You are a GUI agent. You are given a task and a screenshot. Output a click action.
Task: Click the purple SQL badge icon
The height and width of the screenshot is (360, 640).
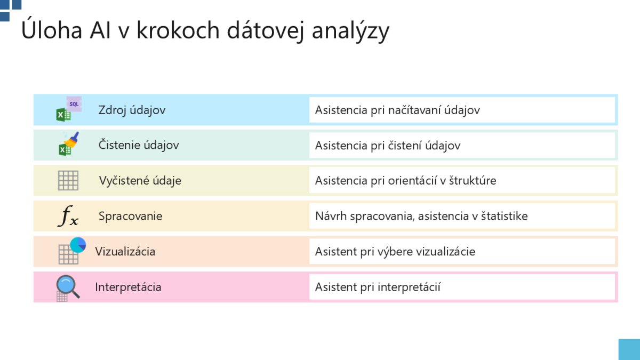(74, 104)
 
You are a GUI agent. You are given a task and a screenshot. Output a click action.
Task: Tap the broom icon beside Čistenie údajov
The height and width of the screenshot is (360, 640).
(71, 140)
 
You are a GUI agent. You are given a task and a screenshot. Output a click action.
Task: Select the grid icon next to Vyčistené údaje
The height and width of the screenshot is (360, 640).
(68, 181)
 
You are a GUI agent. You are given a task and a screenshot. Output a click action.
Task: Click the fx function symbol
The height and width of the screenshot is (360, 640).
(68, 215)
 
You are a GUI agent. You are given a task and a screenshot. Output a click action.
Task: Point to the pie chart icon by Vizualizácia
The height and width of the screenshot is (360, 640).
(78, 245)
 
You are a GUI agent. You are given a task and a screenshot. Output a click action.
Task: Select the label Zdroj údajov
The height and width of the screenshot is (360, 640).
(132, 110)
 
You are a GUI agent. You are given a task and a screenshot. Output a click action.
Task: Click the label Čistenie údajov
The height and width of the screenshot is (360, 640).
(139, 145)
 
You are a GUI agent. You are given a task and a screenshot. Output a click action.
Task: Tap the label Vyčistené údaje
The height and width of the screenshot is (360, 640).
(140, 181)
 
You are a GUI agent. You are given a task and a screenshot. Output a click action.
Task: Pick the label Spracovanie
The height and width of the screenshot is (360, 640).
(130, 217)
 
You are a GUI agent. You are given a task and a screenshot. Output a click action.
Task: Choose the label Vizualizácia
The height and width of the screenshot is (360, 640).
(125, 251)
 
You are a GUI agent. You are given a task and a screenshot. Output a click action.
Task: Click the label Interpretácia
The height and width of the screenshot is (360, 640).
(128, 287)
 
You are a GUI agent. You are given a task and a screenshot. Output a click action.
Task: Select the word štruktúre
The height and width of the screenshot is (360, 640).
(473, 181)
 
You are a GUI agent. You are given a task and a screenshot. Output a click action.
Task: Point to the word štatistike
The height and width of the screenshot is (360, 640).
(505, 216)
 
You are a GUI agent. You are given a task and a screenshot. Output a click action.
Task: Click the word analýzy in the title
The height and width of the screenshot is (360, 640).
(350, 31)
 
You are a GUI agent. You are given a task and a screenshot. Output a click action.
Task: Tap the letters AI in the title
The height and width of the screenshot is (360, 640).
(100, 30)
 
